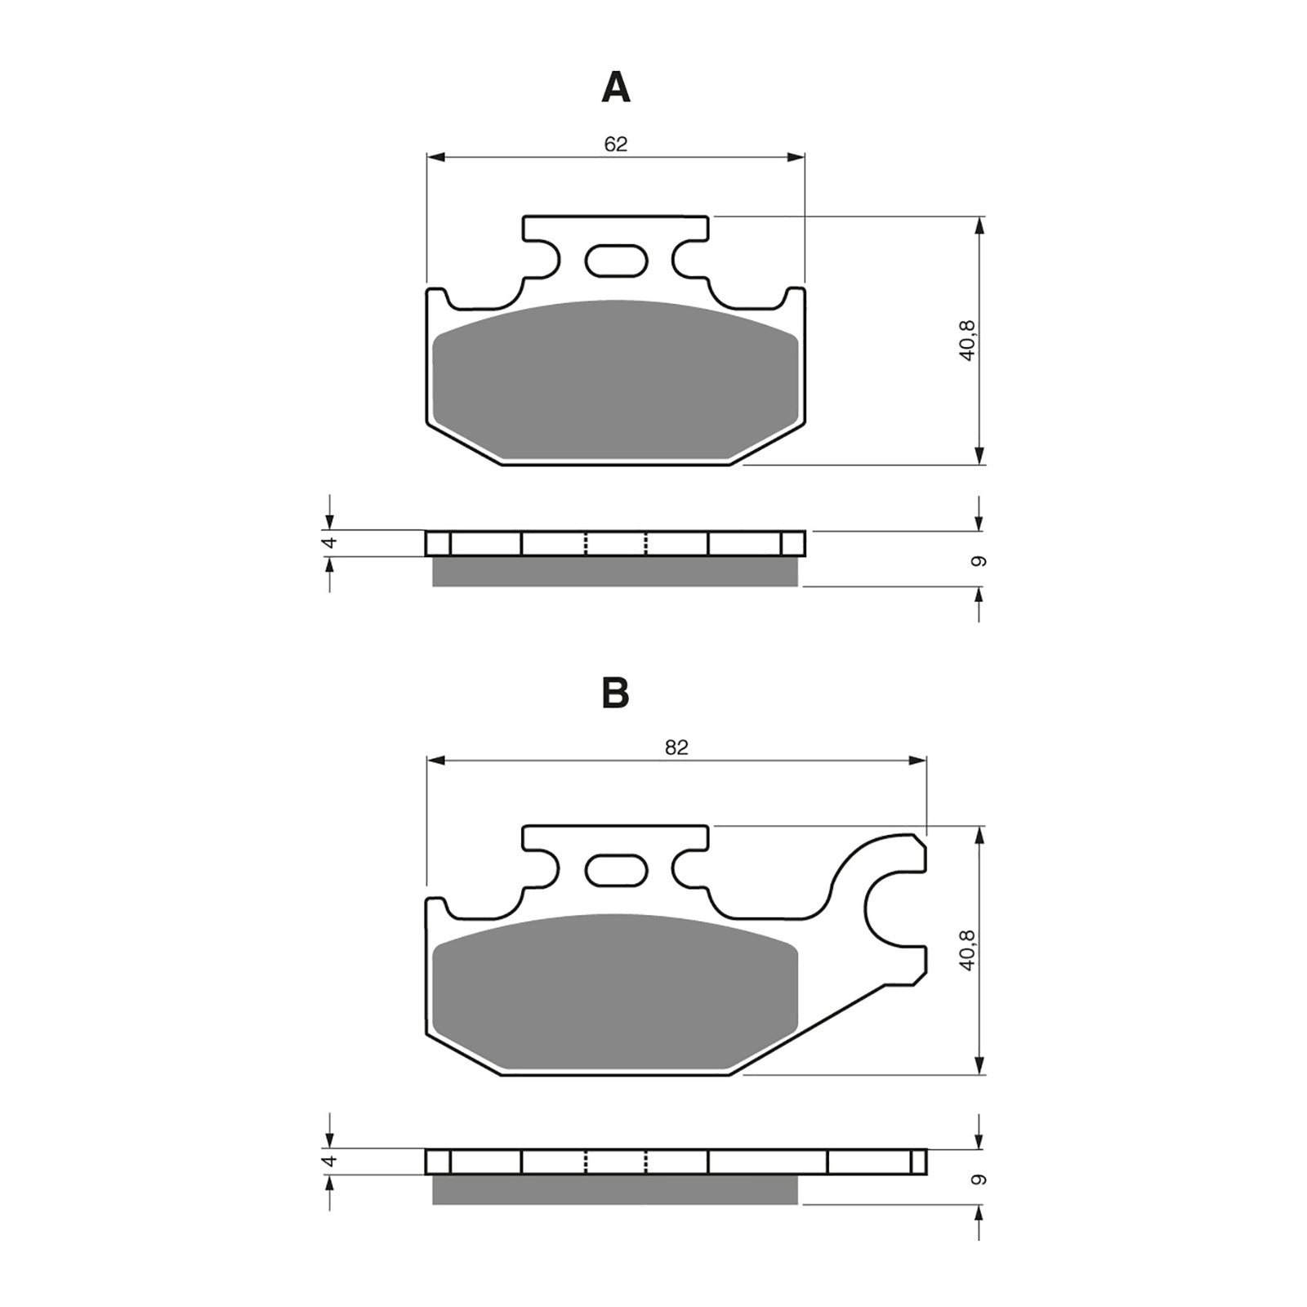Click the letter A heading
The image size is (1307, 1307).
(615, 87)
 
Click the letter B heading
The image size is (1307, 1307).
(615, 694)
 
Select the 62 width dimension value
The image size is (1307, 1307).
(615, 145)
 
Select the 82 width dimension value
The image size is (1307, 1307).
(676, 747)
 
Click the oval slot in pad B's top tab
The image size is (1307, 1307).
(617, 870)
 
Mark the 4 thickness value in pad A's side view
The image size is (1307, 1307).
(331, 543)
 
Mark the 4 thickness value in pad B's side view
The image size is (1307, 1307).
(331, 1161)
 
